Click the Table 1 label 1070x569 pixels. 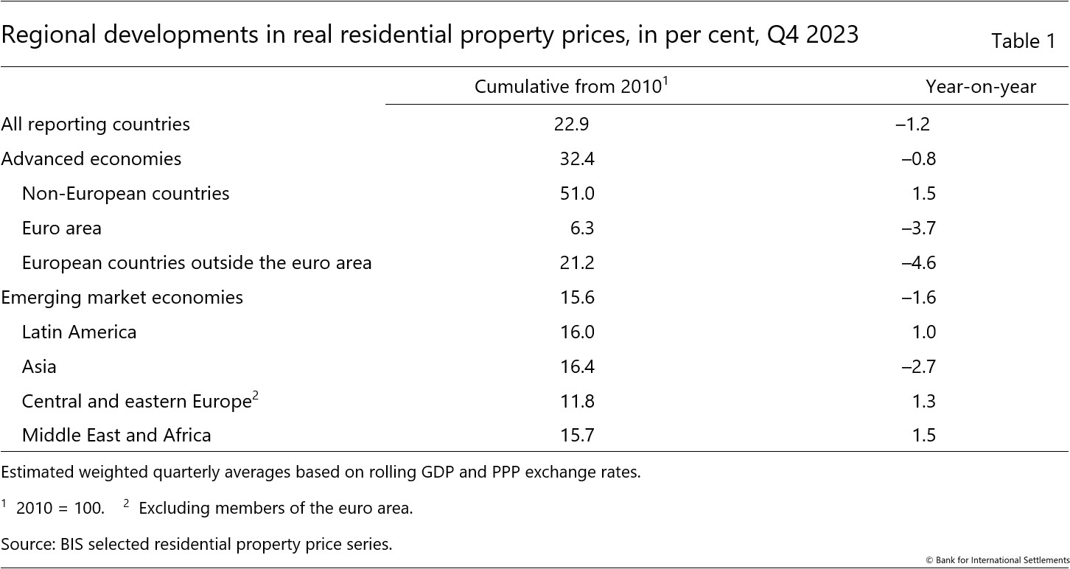[1023, 41]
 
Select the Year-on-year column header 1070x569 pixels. [980, 87]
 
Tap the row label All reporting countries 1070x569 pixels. [95, 124]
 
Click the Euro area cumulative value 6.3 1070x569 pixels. [581, 228]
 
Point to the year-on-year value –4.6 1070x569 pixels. [918, 262]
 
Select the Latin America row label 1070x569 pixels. [79, 332]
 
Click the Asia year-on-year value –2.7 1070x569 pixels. [918, 366]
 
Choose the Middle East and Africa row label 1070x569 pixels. [116, 435]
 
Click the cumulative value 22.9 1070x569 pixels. [571, 124]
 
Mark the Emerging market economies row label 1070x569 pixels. [122, 297]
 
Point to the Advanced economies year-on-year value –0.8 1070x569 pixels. [918, 158]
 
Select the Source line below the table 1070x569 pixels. [196, 544]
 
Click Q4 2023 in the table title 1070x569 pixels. [813, 35]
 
